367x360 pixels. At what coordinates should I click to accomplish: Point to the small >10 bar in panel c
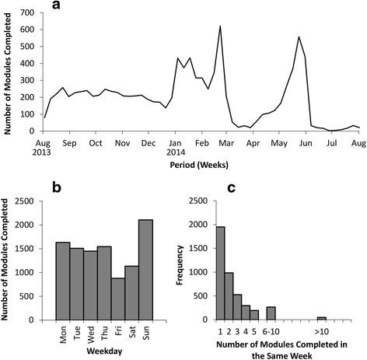(321, 318)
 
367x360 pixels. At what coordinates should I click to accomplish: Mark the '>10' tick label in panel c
(321, 328)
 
